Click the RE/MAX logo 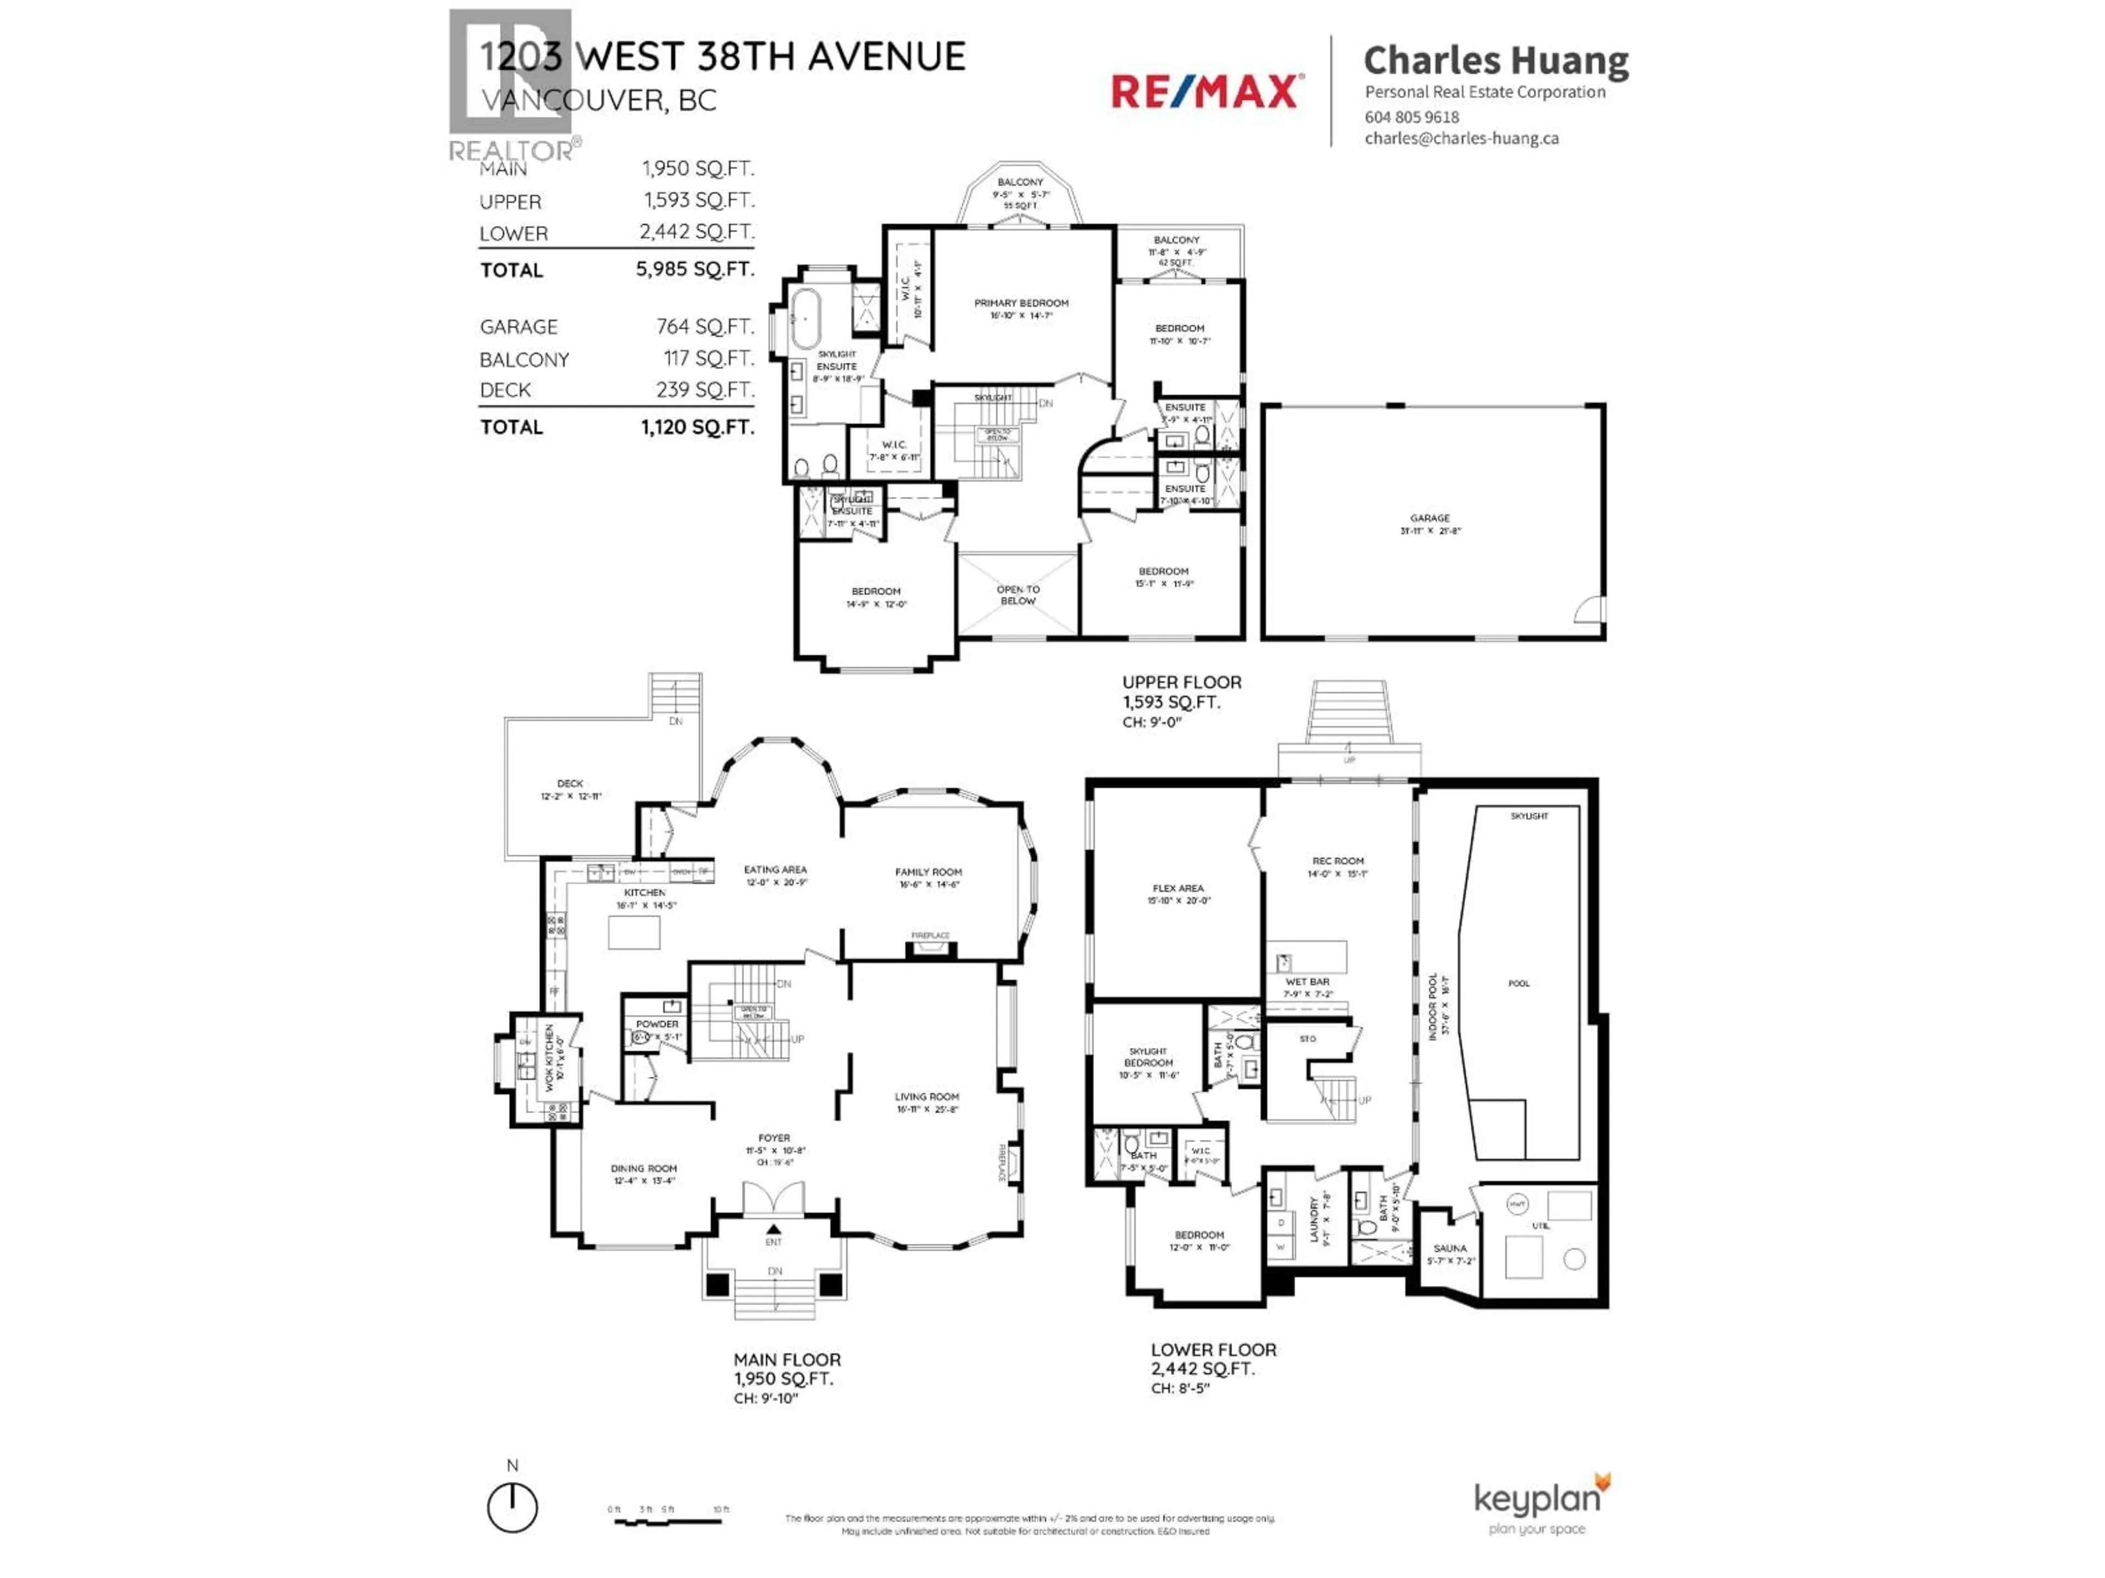[1205, 92]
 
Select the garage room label [1429, 518]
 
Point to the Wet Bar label [1307, 982]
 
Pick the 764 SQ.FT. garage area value [704, 326]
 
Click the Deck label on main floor [570, 784]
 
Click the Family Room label [928, 872]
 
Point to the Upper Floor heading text [1181, 682]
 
